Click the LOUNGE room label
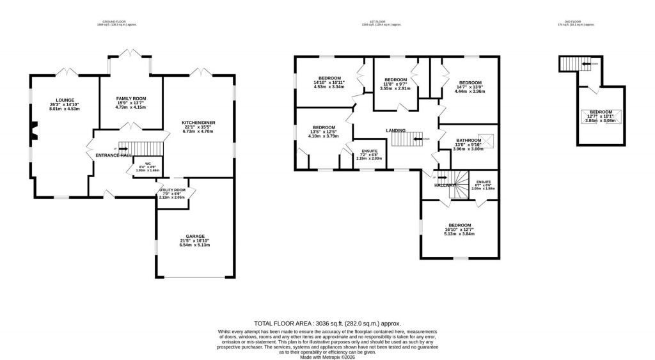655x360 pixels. pos(65,100)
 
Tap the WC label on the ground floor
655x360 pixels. pos(148,163)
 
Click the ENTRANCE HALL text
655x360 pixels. pos(113,155)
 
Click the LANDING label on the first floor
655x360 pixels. pos(395,130)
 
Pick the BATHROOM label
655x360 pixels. pos(468,140)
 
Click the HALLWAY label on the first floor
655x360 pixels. pos(446,185)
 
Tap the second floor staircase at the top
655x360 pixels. pos(573,64)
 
